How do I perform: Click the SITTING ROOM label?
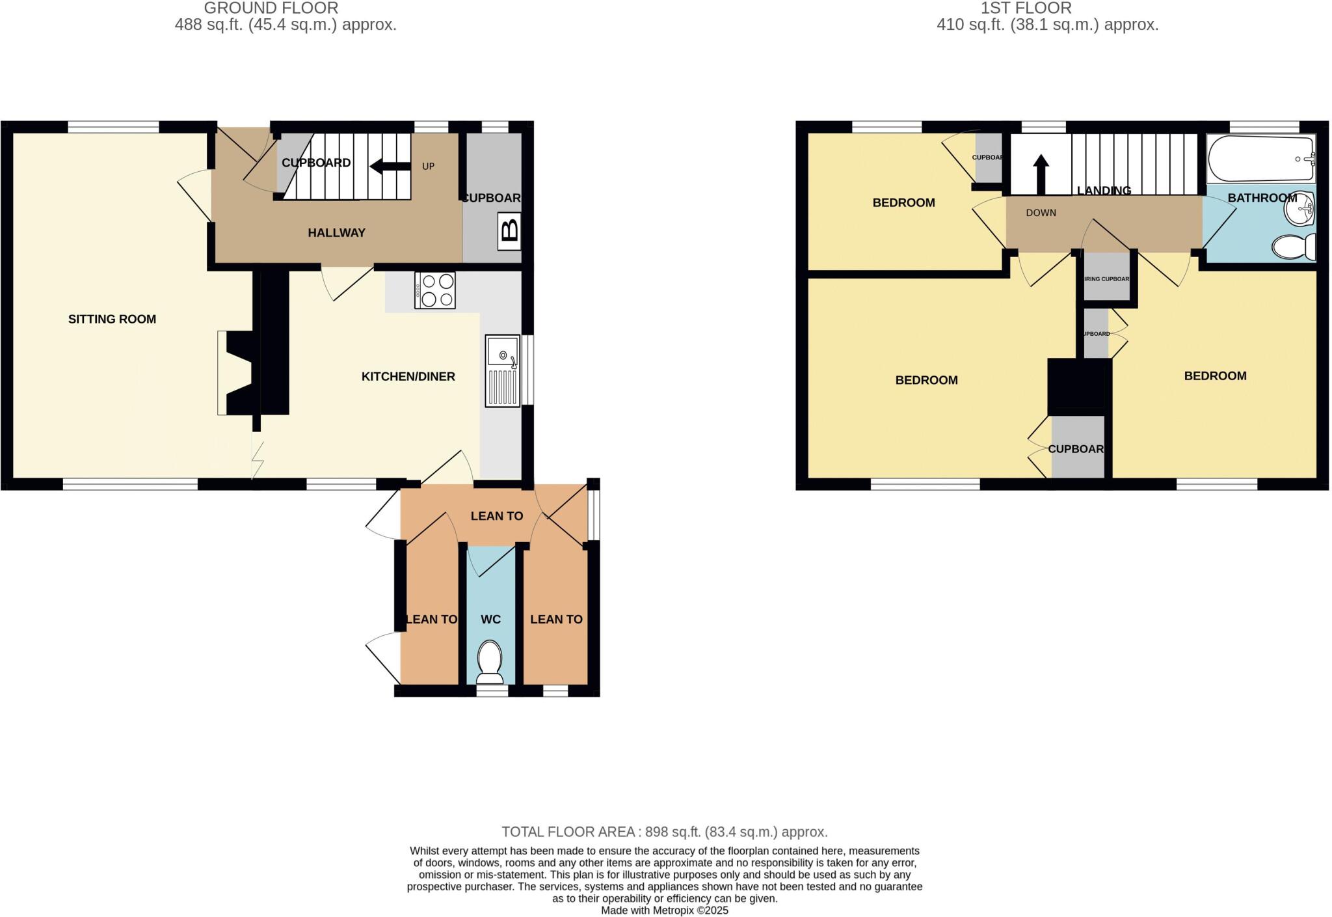click(x=112, y=319)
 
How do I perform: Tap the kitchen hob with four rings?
click(x=435, y=290)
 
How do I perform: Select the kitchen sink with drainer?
click(x=503, y=371)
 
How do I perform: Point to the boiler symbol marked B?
click(x=510, y=231)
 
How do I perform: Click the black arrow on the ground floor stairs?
click(x=390, y=167)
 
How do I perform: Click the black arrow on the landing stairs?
click(x=1041, y=174)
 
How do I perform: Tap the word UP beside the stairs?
click(x=428, y=167)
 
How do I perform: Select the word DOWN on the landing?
click(x=1041, y=213)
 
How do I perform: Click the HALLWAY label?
click(x=336, y=233)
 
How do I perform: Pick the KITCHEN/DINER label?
click(x=408, y=377)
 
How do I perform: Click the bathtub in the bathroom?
click(x=1260, y=159)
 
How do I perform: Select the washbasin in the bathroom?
click(x=1303, y=206)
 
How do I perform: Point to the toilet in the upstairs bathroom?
click(x=1293, y=247)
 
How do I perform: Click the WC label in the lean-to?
click(x=490, y=620)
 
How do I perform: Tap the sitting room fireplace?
click(x=237, y=372)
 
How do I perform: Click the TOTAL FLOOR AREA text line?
click(x=664, y=832)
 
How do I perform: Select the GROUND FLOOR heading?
click(x=271, y=8)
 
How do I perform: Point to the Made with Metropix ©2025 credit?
click(x=664, y=910)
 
